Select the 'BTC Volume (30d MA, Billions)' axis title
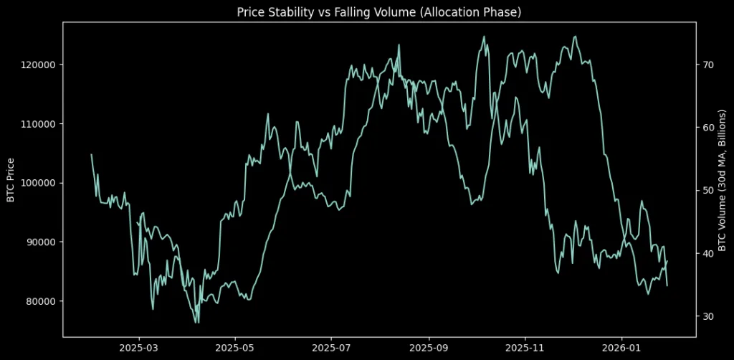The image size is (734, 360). click(x=722, y=180)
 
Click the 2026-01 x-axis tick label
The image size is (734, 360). click(x=621, y=348)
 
